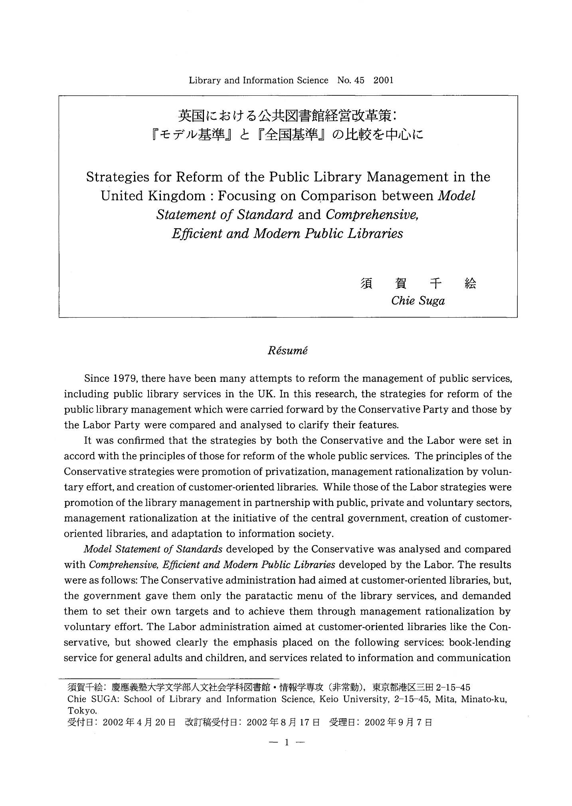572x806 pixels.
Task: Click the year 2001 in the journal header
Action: click(x=383, y=80)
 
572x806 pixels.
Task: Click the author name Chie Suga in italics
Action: click(x=418, y=300)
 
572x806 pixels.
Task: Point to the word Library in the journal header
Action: click(x=205, y=80)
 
